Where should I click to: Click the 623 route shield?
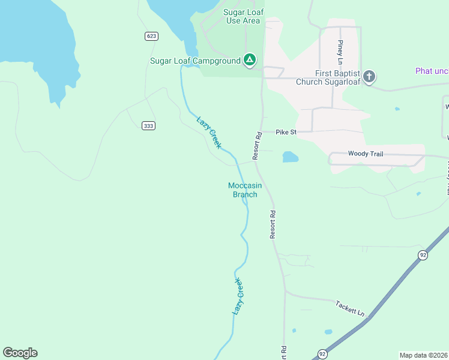click(151, 36)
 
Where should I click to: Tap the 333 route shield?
click(149, 125)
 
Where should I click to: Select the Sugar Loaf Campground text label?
click(195, 61)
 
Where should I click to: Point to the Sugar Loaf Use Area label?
click(243, 16)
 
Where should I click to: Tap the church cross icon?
click(369, 76)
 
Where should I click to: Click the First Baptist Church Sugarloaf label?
click(328, 77)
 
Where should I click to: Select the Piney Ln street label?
click(340, 52)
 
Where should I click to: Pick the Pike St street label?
click(286, 131)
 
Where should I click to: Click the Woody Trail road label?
click(366, 154)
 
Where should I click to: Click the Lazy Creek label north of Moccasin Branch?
click(209, 132)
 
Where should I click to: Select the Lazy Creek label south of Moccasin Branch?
click(238, 296)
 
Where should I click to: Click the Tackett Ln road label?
click(349, 309)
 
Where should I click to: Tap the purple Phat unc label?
click(432, 71)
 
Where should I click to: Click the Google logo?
click(20, 353)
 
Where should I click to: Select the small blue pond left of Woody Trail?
click(290, 157)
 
